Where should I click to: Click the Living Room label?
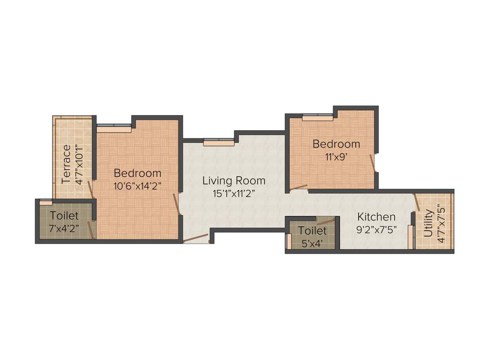pos(233,180)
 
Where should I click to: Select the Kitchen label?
pos(376,217)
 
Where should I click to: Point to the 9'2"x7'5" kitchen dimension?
pos(376,230)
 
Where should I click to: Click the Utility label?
pos(427,225)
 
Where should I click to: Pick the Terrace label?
pos(66,164)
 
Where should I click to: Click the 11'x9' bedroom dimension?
pos(336,157)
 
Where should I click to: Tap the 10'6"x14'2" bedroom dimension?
pos(137,186)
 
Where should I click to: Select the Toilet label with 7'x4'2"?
pos(64,216)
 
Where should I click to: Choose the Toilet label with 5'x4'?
pos(312,231)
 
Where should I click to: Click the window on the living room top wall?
pos(218,142)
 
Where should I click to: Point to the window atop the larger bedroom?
pos(114,127)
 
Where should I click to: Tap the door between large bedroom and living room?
pos(177,203)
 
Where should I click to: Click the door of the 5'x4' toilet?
pos(326,220)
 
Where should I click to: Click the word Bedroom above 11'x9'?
pos(336,144)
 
